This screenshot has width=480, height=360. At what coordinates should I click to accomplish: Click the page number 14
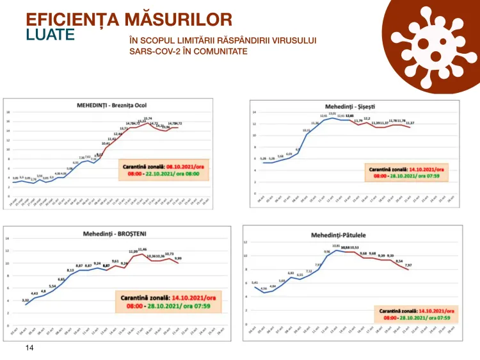pos(29,348)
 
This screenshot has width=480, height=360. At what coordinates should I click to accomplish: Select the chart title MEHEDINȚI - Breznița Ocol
pos(108,104)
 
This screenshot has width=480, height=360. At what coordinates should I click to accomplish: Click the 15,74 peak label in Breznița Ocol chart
pos(148,119)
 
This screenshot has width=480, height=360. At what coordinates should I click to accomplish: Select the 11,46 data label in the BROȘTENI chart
pos(143,250)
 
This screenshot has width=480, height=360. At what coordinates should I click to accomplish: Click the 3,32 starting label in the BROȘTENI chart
pos(25,300)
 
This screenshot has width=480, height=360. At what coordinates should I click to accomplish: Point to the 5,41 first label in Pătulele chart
pos(255,282)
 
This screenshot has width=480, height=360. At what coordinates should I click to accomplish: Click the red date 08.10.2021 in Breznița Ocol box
pos(173,166)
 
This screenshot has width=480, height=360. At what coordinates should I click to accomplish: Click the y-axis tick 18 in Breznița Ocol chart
pos(8,112)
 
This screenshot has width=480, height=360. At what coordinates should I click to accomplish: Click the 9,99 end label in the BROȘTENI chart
pos(178,259)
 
